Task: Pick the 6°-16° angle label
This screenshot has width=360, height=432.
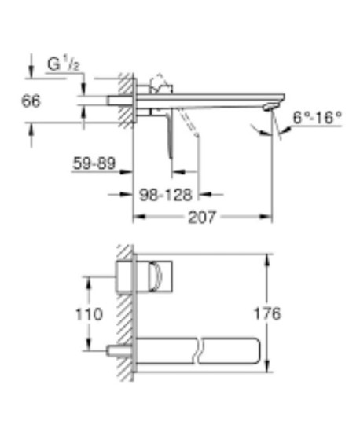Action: tap(317, 118)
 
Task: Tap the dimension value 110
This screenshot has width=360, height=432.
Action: tap(93, 314)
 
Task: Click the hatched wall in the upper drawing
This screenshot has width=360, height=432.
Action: tap(124, 98)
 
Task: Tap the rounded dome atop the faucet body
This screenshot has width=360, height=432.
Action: tap(158, 82)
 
